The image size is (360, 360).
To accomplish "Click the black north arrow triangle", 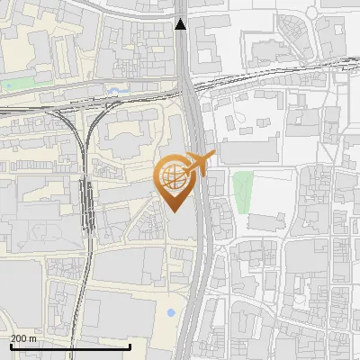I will (182, 24).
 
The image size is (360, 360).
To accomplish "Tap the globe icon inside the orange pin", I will (174, 175).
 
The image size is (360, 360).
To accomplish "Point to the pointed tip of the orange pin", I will (174, 211).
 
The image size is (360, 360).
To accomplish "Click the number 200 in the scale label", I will (18, 338).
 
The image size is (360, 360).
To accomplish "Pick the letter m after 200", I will (33, 338).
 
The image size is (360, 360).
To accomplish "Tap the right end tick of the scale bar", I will (130, 345).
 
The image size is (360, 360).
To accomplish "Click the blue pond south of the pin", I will (171, 313).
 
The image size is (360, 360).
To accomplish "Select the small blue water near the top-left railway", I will (115, 91).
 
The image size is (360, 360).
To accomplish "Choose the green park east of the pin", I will (242, 191).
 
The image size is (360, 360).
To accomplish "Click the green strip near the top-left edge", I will (16, 86).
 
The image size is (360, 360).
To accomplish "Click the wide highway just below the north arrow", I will (184, 54).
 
